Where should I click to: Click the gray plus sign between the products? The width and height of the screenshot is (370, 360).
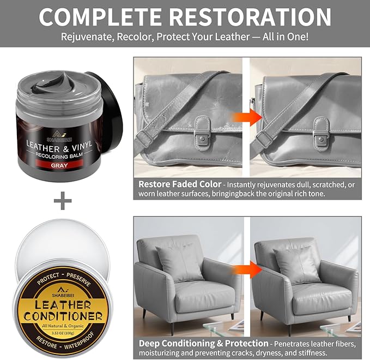click(63, 201)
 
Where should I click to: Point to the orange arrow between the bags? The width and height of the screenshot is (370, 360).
click(241, 117)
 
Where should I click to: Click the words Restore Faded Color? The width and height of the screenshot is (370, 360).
click(180, 184)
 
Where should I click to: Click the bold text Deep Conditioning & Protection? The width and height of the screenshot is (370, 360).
click(203, 343)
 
